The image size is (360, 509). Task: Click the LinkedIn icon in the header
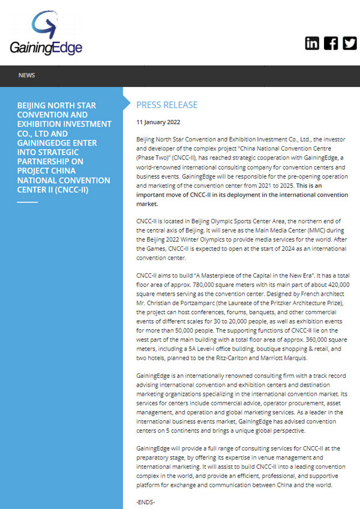pos(312,43)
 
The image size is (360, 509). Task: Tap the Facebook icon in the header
pos(331,43)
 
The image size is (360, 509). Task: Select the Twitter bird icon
pos(349,43)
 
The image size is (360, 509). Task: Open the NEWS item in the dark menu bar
pos(26,75)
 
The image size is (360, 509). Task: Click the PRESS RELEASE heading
pos(167,105)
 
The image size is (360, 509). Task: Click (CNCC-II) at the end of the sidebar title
pos(68,189)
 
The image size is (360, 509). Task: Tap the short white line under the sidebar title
pos(27,202)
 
